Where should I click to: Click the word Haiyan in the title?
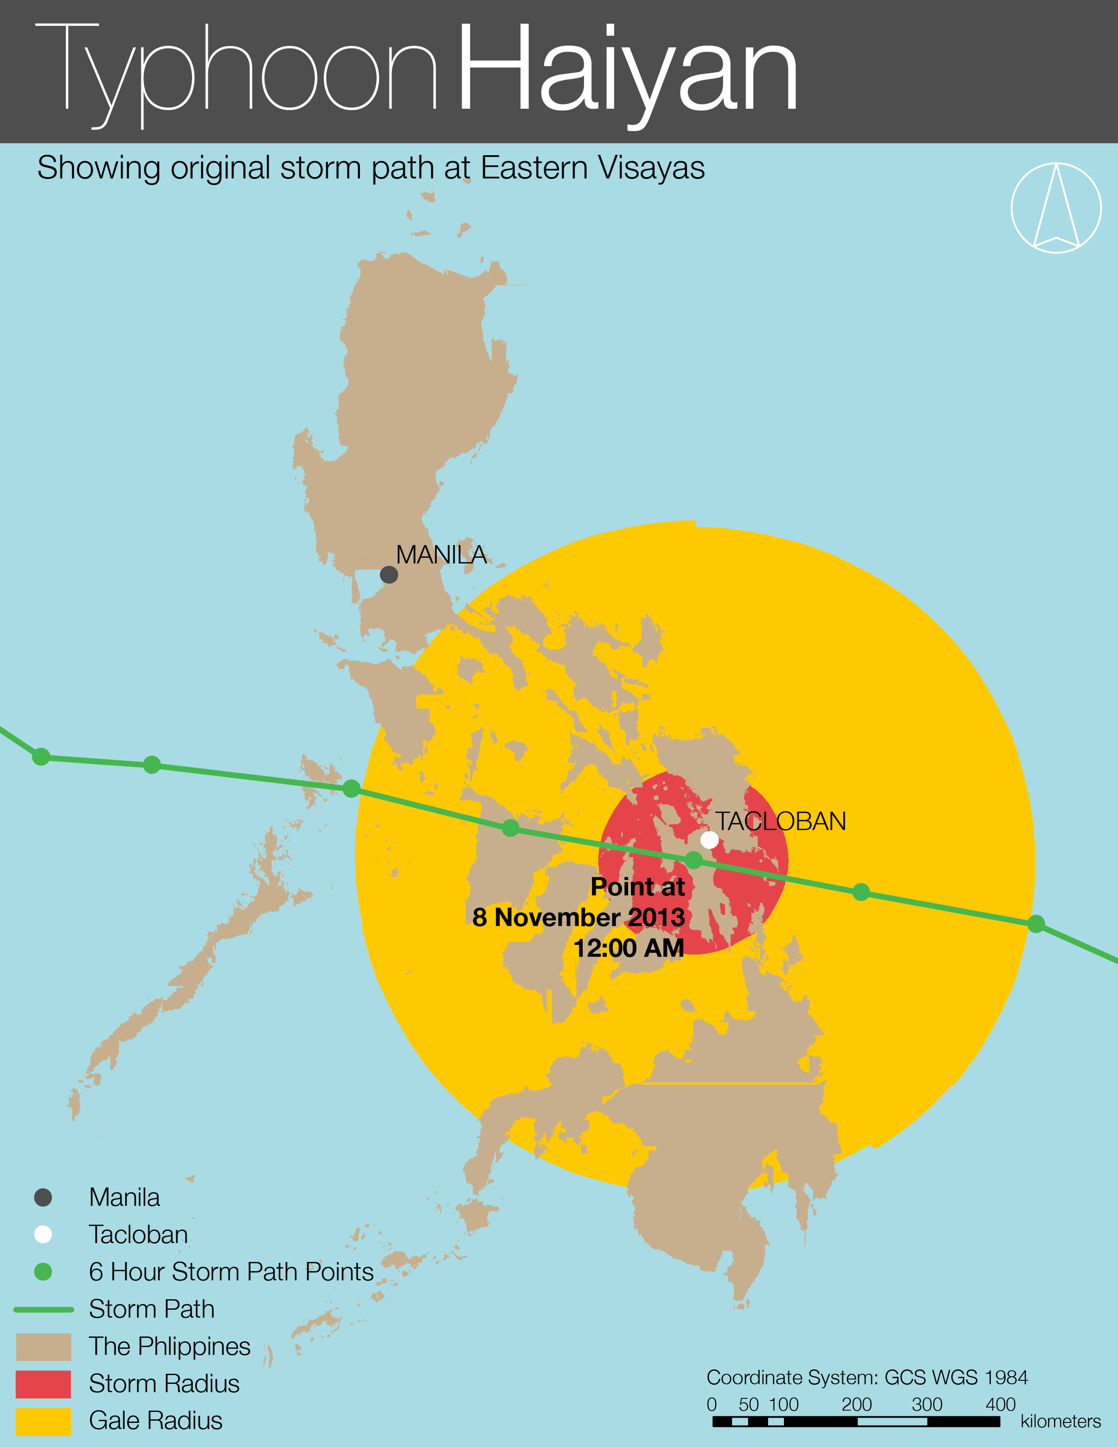[627, 70]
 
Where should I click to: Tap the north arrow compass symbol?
[1056, 208]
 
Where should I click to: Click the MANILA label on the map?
[441, 555]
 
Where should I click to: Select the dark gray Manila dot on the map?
[389, 574]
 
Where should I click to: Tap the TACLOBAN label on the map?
[780, 822]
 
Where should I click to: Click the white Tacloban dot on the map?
[709, 840]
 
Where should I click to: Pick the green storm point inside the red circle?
[694, 860]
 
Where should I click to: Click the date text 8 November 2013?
[578, 917]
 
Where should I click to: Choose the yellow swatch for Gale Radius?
[43, 1422]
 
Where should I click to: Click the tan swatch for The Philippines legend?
[43, 1347]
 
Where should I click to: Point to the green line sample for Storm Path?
[43, 1310]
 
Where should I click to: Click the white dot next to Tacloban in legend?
[43, 1235]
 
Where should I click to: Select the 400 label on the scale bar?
[1000, 1405]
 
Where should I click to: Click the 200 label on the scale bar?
[856, 1405]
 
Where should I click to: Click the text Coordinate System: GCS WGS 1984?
[867, 1377]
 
